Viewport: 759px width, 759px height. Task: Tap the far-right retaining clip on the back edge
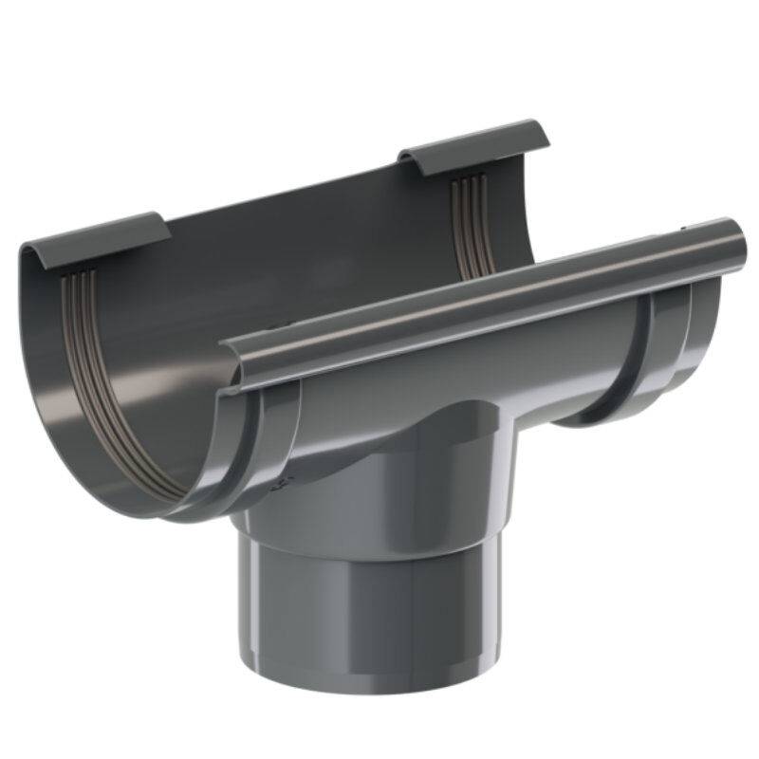pyautogui.click(x=474, y=142)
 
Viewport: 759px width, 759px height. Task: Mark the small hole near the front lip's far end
pyautogui.click(x=686, y=229)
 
